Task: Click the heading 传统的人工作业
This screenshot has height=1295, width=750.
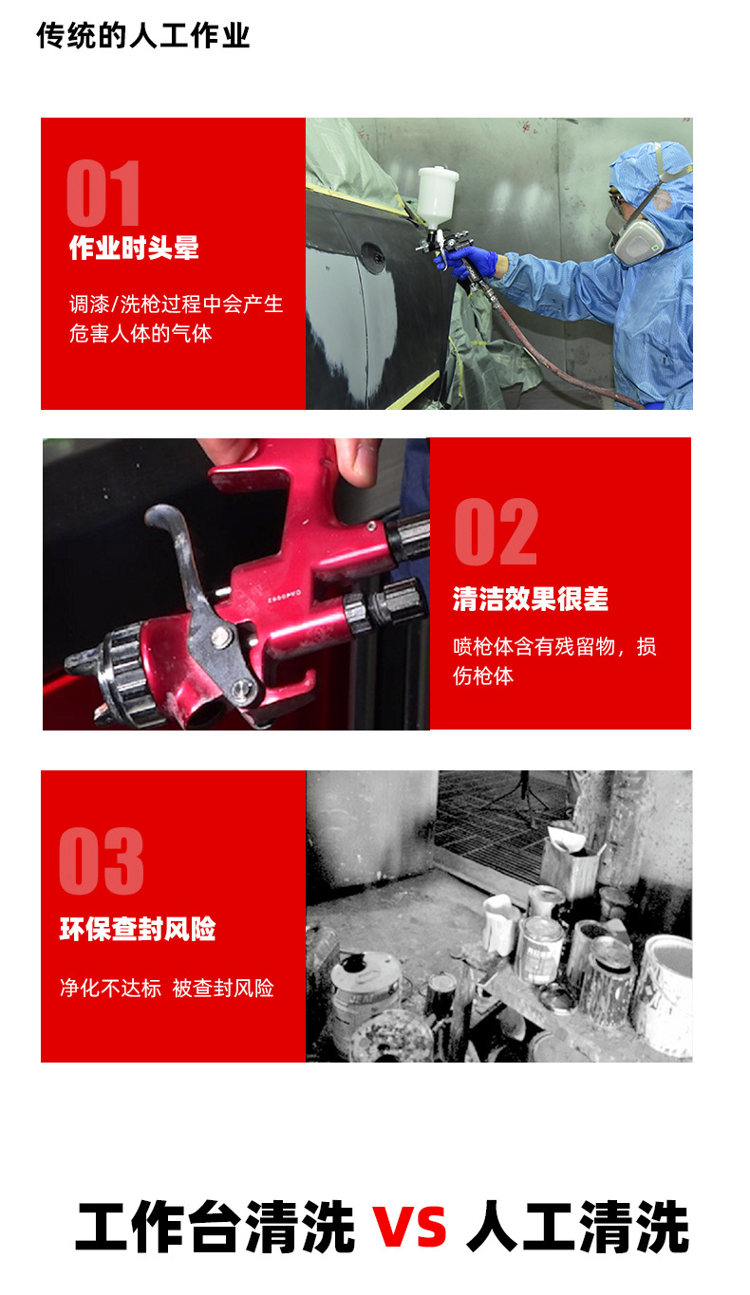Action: pyautogui.click(x=143, y=36)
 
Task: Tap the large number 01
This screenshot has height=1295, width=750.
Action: pyautogui.click(x=103, y=194)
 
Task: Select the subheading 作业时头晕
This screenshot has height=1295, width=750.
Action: pyautogui.click(x=134, y=249)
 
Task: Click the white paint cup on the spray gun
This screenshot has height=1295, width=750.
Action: pyautogui.click(x=438, y=195)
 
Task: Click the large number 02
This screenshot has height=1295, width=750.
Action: pyautogui.click(x=495, y=532)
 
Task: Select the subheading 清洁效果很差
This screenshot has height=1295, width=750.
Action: pyautogui.click(x=530, y=599)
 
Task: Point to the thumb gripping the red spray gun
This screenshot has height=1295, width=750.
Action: pyautogui.click(x=358, y=459)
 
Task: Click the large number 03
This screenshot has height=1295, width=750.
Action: pyautogui.click(x=102, y=861)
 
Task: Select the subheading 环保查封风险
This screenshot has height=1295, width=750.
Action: pyautogui.click(x=138, y=929)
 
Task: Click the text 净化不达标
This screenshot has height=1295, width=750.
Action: pyautogui.click(x=110, y=989)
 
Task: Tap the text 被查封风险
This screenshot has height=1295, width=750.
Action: pyautogui.click(x=223, y=989)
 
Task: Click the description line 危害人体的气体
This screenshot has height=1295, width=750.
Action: pyautogui.click(x=141, y=334)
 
